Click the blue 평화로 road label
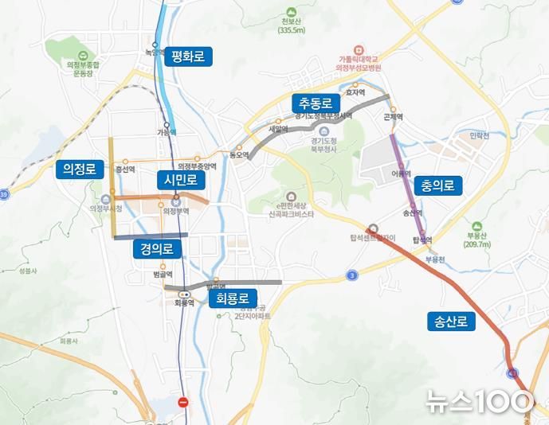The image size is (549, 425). coord(188,57)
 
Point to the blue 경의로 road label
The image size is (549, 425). coord(157,249)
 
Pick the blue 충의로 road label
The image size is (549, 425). coord(440,186)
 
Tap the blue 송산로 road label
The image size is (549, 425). coord(451,322)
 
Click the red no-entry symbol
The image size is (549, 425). coord(184,403)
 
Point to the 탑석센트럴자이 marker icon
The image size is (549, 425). coord(373,227)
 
